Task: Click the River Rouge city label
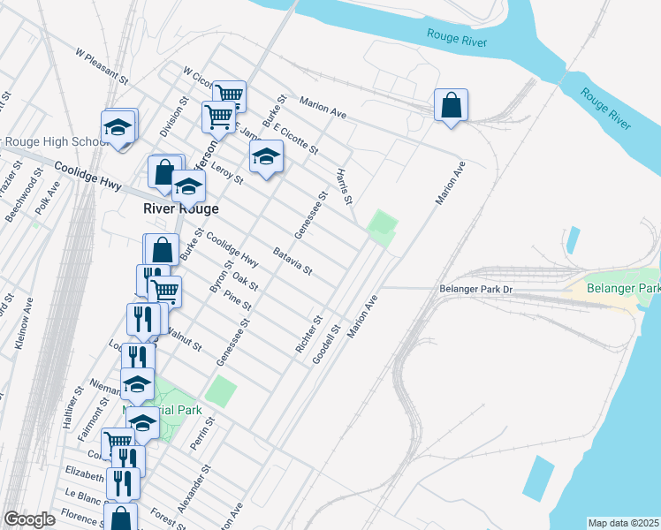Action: tap(181, 209)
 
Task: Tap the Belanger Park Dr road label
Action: tap(476, 289)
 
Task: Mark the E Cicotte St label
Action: tap(295, 138)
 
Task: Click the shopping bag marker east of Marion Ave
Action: tap(451, 106)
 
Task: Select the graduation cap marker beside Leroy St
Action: tap(265, 158)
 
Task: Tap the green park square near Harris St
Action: tap(383, 228)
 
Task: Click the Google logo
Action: tap(29, 519)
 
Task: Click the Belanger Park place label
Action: tap(628, 288)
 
